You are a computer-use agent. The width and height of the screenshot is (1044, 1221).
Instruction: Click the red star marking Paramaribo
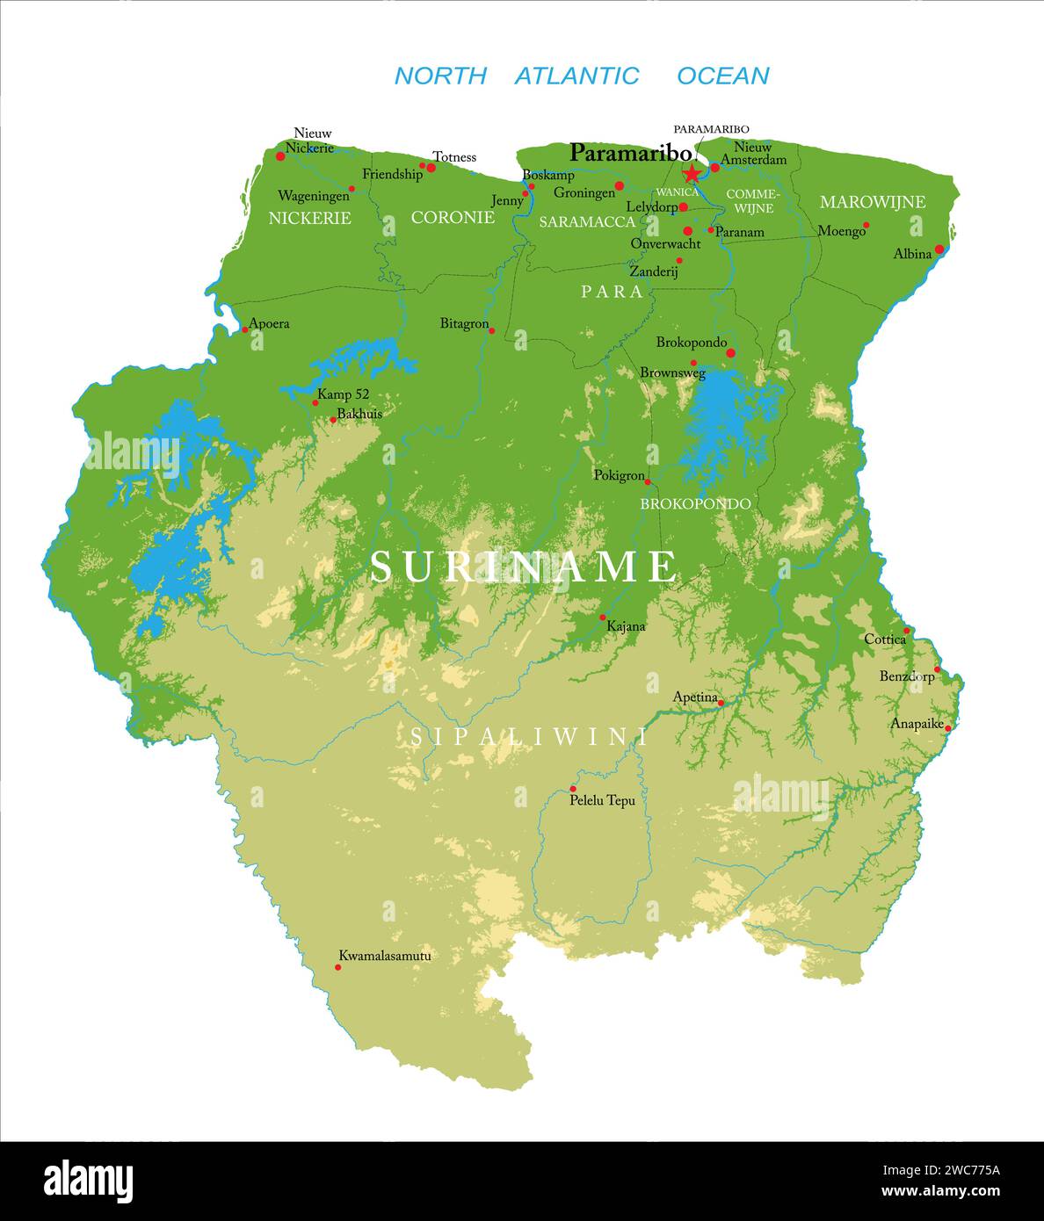click(692, 172)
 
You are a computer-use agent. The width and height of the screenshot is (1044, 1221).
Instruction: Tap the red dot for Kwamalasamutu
click(337, 967)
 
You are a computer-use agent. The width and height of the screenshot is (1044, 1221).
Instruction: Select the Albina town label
click(911, 254)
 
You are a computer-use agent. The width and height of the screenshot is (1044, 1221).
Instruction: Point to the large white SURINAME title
click(524, 567)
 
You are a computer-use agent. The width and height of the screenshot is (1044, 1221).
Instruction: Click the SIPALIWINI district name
click(529, 737)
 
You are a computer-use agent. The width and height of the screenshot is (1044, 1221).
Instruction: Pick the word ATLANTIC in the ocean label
click(576, 76)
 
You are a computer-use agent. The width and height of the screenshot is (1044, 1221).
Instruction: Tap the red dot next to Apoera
click(245, 329)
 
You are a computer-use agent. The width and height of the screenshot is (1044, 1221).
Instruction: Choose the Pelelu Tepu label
click(602, 800)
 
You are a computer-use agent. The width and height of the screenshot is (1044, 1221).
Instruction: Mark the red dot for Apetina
click(721, 703)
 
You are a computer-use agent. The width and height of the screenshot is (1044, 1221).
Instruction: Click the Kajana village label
click(626, 626)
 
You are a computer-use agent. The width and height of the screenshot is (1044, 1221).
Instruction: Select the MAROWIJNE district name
click(872, 202)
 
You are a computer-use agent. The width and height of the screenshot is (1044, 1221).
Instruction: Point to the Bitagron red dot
click(491, 331)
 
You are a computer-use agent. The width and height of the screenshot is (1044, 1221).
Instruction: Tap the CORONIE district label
click(453, 217)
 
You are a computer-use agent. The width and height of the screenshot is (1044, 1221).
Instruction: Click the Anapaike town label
click(916, 724)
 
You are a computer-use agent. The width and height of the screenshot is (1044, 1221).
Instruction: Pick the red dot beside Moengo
click(866, 225)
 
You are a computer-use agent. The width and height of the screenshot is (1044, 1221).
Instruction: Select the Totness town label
click(453, 157)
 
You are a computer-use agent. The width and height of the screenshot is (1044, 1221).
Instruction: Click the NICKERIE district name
click(309, 218)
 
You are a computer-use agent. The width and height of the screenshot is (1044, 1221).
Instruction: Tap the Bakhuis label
click(359, 414)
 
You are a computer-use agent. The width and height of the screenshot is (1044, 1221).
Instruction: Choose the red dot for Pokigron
click(648, 481)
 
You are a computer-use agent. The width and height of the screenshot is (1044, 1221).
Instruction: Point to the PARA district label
click(612, 292)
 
